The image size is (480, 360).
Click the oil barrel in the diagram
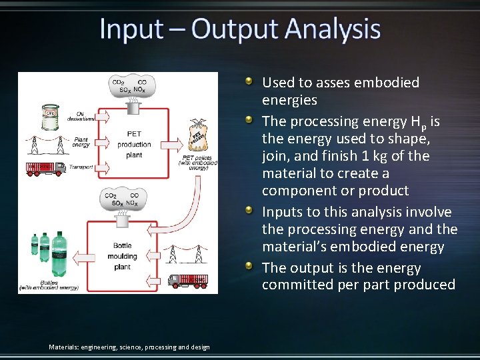click(x=50, y=116)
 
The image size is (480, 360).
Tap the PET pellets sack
click(x=198, y=139)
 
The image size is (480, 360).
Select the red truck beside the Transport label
click(x=45, y=169)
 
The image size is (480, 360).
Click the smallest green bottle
click(x=34, y=245)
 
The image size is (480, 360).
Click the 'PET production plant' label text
click(x=134, y=145)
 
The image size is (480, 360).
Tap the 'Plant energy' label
click(x=81, y=142)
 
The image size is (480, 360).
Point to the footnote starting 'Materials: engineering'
click(x=129, y=347)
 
